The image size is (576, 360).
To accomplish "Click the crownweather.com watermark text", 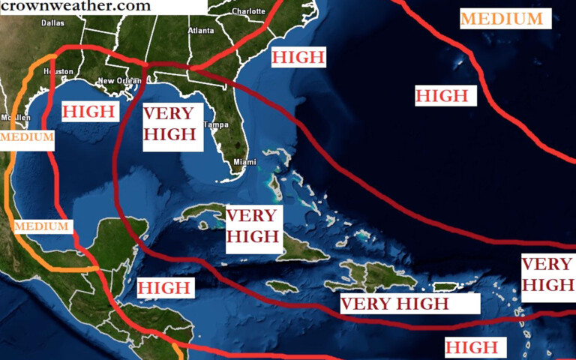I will coord(76,6).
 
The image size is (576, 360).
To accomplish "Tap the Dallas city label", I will coord(52,22).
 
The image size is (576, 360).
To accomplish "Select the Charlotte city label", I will coord(248,11).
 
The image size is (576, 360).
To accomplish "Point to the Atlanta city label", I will coord(200,31).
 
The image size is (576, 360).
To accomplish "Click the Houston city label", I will coord(58,71).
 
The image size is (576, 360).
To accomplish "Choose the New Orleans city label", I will coord(119,81).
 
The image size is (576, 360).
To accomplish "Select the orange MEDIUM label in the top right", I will coord(502,19).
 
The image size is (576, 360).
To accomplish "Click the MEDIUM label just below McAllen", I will coord(27,137).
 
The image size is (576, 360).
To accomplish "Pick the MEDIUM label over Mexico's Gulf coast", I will coord(41,226).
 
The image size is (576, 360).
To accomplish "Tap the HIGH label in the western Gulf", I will coord(91,112).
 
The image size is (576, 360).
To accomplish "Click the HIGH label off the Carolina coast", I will coord(298,57).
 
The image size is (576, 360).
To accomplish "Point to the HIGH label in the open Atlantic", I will coord(442,95).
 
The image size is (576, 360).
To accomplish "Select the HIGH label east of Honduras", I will coord(164,287).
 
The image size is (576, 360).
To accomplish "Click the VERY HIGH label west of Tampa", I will coord(169,124).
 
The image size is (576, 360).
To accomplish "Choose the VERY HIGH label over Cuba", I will coord(252,226).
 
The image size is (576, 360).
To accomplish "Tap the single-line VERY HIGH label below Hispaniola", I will coord(395,303).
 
